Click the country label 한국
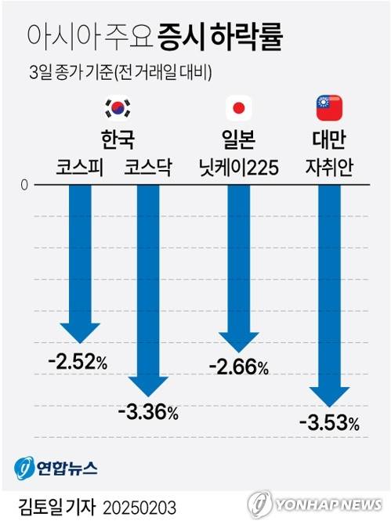(118, 139)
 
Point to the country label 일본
(237, 139)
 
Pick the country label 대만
(329, 139)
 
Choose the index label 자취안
(329, 168)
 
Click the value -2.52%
(78, 362)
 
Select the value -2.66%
(239, 366)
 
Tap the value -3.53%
(329, 425)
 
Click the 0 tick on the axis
(25, 185)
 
